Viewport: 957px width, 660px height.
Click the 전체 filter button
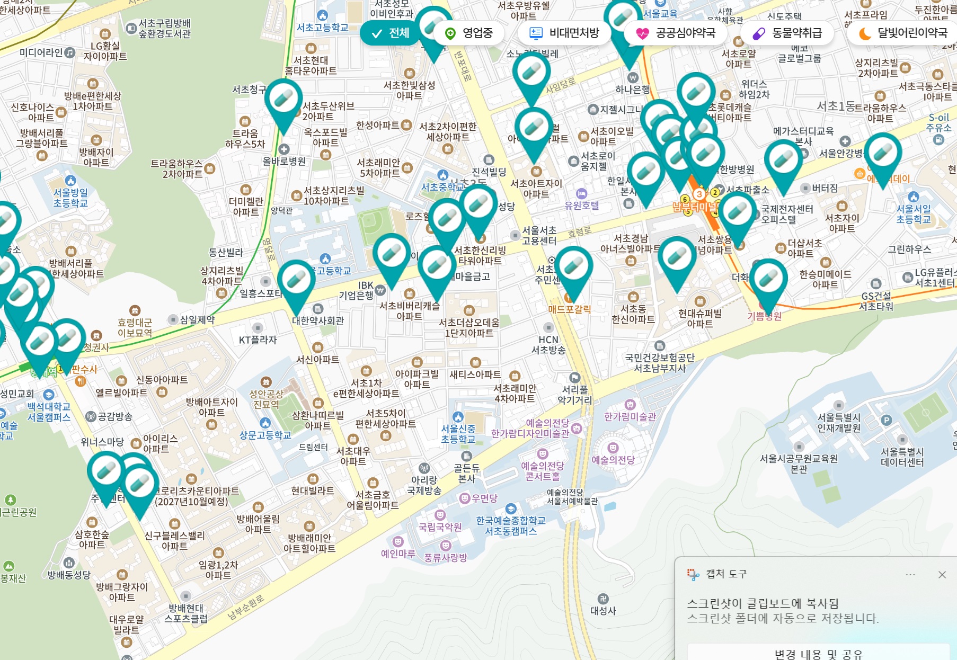391,33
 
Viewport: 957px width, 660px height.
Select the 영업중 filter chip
469,33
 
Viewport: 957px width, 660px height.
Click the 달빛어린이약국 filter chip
903,33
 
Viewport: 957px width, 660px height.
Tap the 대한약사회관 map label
318,320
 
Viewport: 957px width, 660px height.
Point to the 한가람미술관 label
630,417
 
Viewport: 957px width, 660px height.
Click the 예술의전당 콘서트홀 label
542,471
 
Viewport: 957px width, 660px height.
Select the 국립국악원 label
440,527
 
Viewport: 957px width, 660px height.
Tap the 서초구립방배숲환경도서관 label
164,29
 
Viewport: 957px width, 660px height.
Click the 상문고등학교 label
265,435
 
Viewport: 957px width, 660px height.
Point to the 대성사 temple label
603,610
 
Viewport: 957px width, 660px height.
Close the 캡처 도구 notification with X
942,575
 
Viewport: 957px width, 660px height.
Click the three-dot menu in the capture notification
910,575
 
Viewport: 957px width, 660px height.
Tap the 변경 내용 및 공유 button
818,653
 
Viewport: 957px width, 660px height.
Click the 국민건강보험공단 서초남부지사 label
660,363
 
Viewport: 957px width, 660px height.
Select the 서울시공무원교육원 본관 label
799,463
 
